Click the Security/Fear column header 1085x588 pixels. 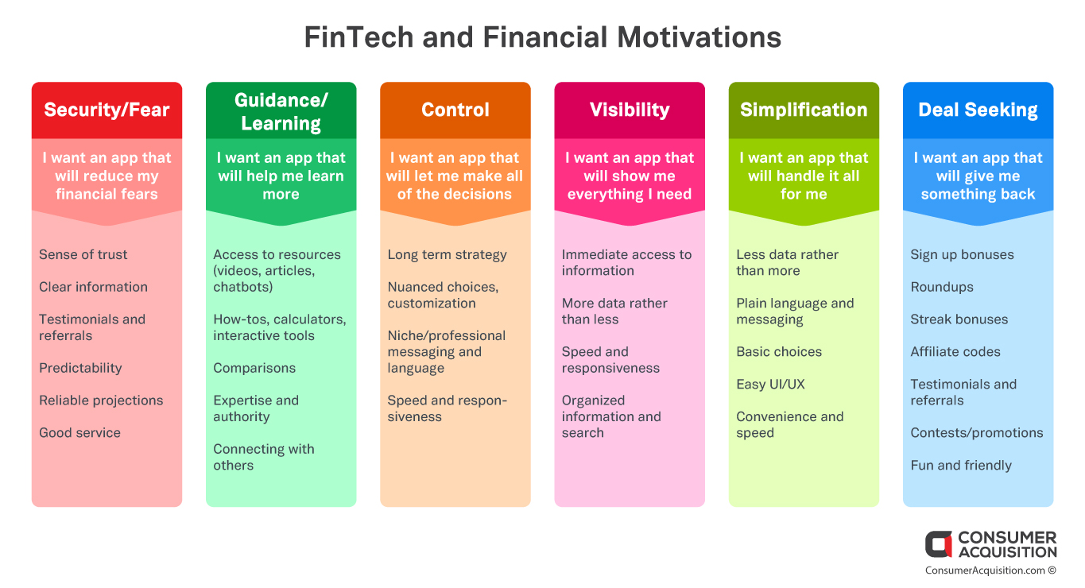point(107,110)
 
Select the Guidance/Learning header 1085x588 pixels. point(281,112)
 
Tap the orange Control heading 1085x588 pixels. point(455,110)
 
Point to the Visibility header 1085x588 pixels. point(630,110)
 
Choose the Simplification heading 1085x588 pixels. point(804,110)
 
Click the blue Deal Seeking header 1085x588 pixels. point(978,110)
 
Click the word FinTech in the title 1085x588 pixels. point(358,37)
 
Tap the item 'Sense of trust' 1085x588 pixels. point(83,255)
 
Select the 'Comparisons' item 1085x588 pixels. point(254,368)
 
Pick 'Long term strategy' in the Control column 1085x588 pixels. point(447,255)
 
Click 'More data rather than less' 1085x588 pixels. point(614,311)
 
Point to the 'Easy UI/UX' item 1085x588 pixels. point(770,385)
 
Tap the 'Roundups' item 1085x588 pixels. point(942,287)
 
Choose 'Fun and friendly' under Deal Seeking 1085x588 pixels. point(961,466)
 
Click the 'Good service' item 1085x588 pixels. point(80,433)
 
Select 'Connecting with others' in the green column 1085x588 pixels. point(264,457)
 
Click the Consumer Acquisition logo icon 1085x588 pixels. point(939,544)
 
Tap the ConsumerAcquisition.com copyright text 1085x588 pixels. point(990,571)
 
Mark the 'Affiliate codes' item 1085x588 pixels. point(955,352)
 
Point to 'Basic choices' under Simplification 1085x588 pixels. point(779,352)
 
